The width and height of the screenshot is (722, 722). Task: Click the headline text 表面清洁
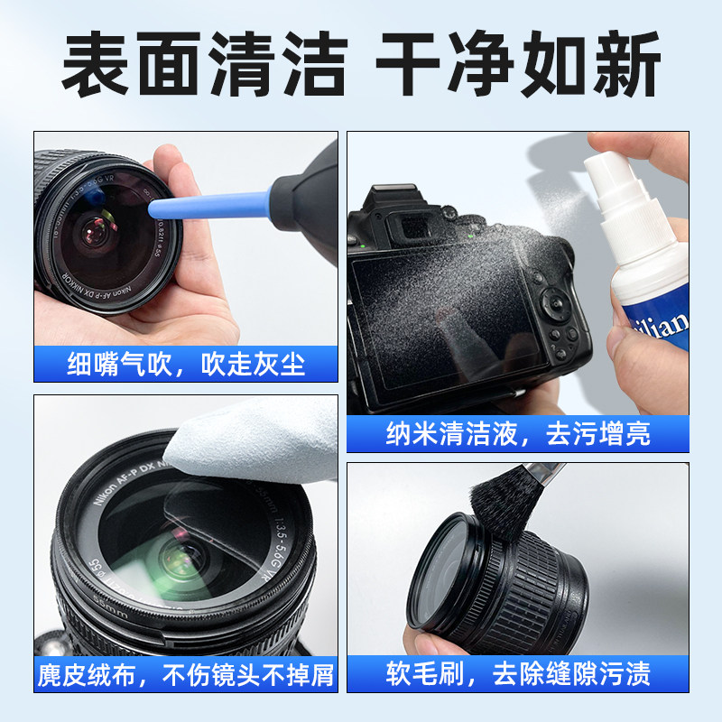[x=203, y=65]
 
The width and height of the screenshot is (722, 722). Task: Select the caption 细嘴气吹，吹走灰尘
[x=186, y=364]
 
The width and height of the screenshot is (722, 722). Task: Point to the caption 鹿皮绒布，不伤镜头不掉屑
[x=186, y=674]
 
